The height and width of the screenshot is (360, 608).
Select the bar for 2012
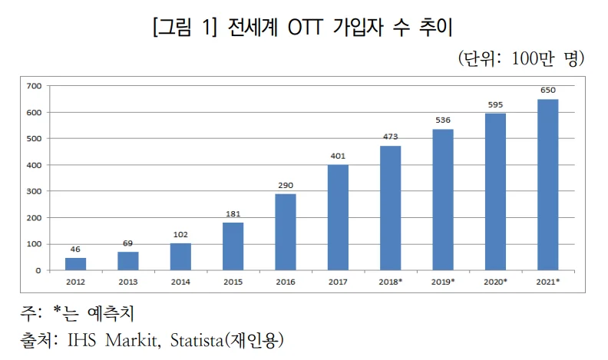click(x=75, y=264)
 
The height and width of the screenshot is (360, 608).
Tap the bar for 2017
click(x=338, y=217)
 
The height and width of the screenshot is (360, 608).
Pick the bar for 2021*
click(x=548, y=184)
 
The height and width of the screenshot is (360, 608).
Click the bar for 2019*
click(x=443, y=200)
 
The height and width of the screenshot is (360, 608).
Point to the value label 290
click(x=286, y=185)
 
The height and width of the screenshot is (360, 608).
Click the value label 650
click(x=548, y=91)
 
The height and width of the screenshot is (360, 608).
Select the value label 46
click(x=75, y=249)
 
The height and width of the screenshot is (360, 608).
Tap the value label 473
click(x=391, y=137)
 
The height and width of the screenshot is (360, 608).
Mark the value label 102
click(x=180, y=235)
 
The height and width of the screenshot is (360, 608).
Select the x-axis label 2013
click(x=127, y=282)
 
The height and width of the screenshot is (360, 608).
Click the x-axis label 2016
click(x=286, y=282)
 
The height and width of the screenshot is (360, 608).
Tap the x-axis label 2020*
click(x=496, y=282)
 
